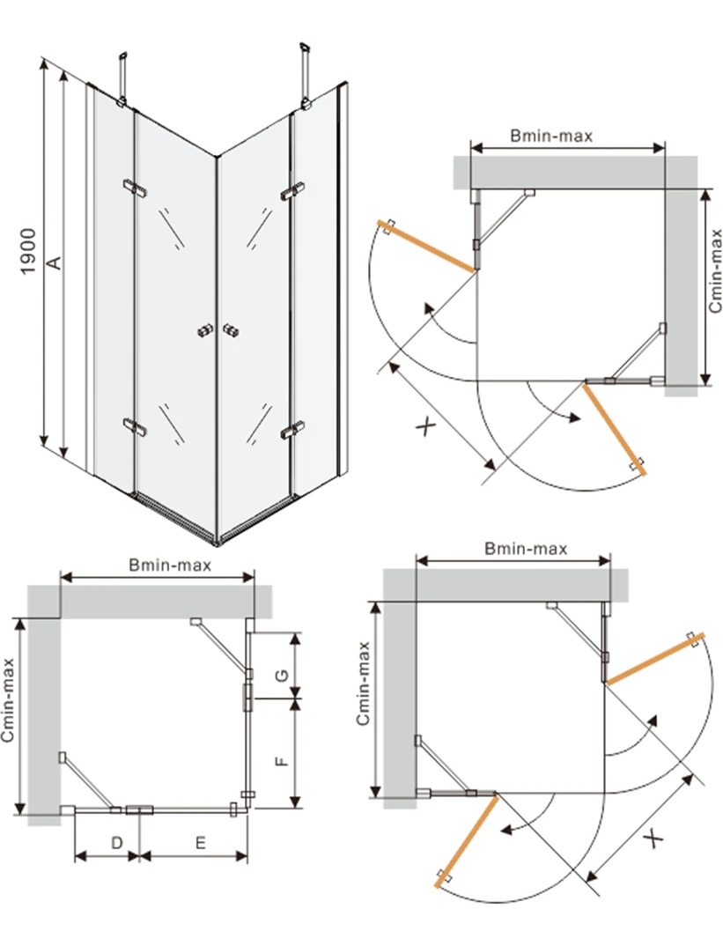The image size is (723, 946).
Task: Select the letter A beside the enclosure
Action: click(54, 261)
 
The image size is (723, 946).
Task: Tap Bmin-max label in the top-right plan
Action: click(551, 136)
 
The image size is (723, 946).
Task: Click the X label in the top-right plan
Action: click(426, 428)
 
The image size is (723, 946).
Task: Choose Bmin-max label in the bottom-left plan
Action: click(170, 565)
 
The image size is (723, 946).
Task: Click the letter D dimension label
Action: click(116, 842)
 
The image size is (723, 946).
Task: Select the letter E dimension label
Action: click(201, 842)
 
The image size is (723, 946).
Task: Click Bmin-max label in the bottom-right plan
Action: click(526, 548)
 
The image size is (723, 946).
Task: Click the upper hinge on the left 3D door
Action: click(135, 187)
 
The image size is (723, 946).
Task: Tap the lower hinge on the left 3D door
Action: click(135, 426)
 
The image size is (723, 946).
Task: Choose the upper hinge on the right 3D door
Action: click(293, 191)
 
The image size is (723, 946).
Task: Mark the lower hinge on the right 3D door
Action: click(291, 431)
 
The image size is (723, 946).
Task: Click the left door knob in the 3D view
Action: click(206, 330)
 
